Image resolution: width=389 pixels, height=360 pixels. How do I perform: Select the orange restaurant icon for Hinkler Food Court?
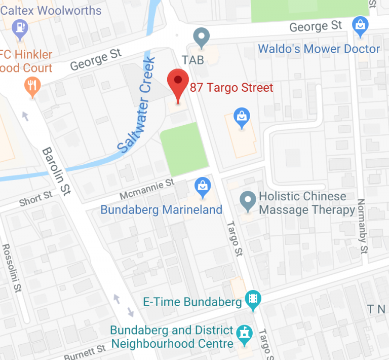(x=32, y=88)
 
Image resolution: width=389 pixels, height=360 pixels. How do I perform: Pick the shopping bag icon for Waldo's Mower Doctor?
(x=360, y=25)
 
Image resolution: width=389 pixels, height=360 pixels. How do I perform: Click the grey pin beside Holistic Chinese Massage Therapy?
(x=248, y=202)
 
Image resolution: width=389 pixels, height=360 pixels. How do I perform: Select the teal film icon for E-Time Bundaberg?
(x=252, y=301)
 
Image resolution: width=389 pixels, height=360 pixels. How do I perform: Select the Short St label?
(x=35, y=198)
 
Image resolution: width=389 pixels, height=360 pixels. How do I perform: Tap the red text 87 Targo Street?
(x=231, y=88)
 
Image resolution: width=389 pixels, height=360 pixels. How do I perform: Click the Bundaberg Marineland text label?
(x=161, y=210)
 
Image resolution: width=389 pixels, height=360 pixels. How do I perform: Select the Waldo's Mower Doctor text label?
(x=319, y=49)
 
